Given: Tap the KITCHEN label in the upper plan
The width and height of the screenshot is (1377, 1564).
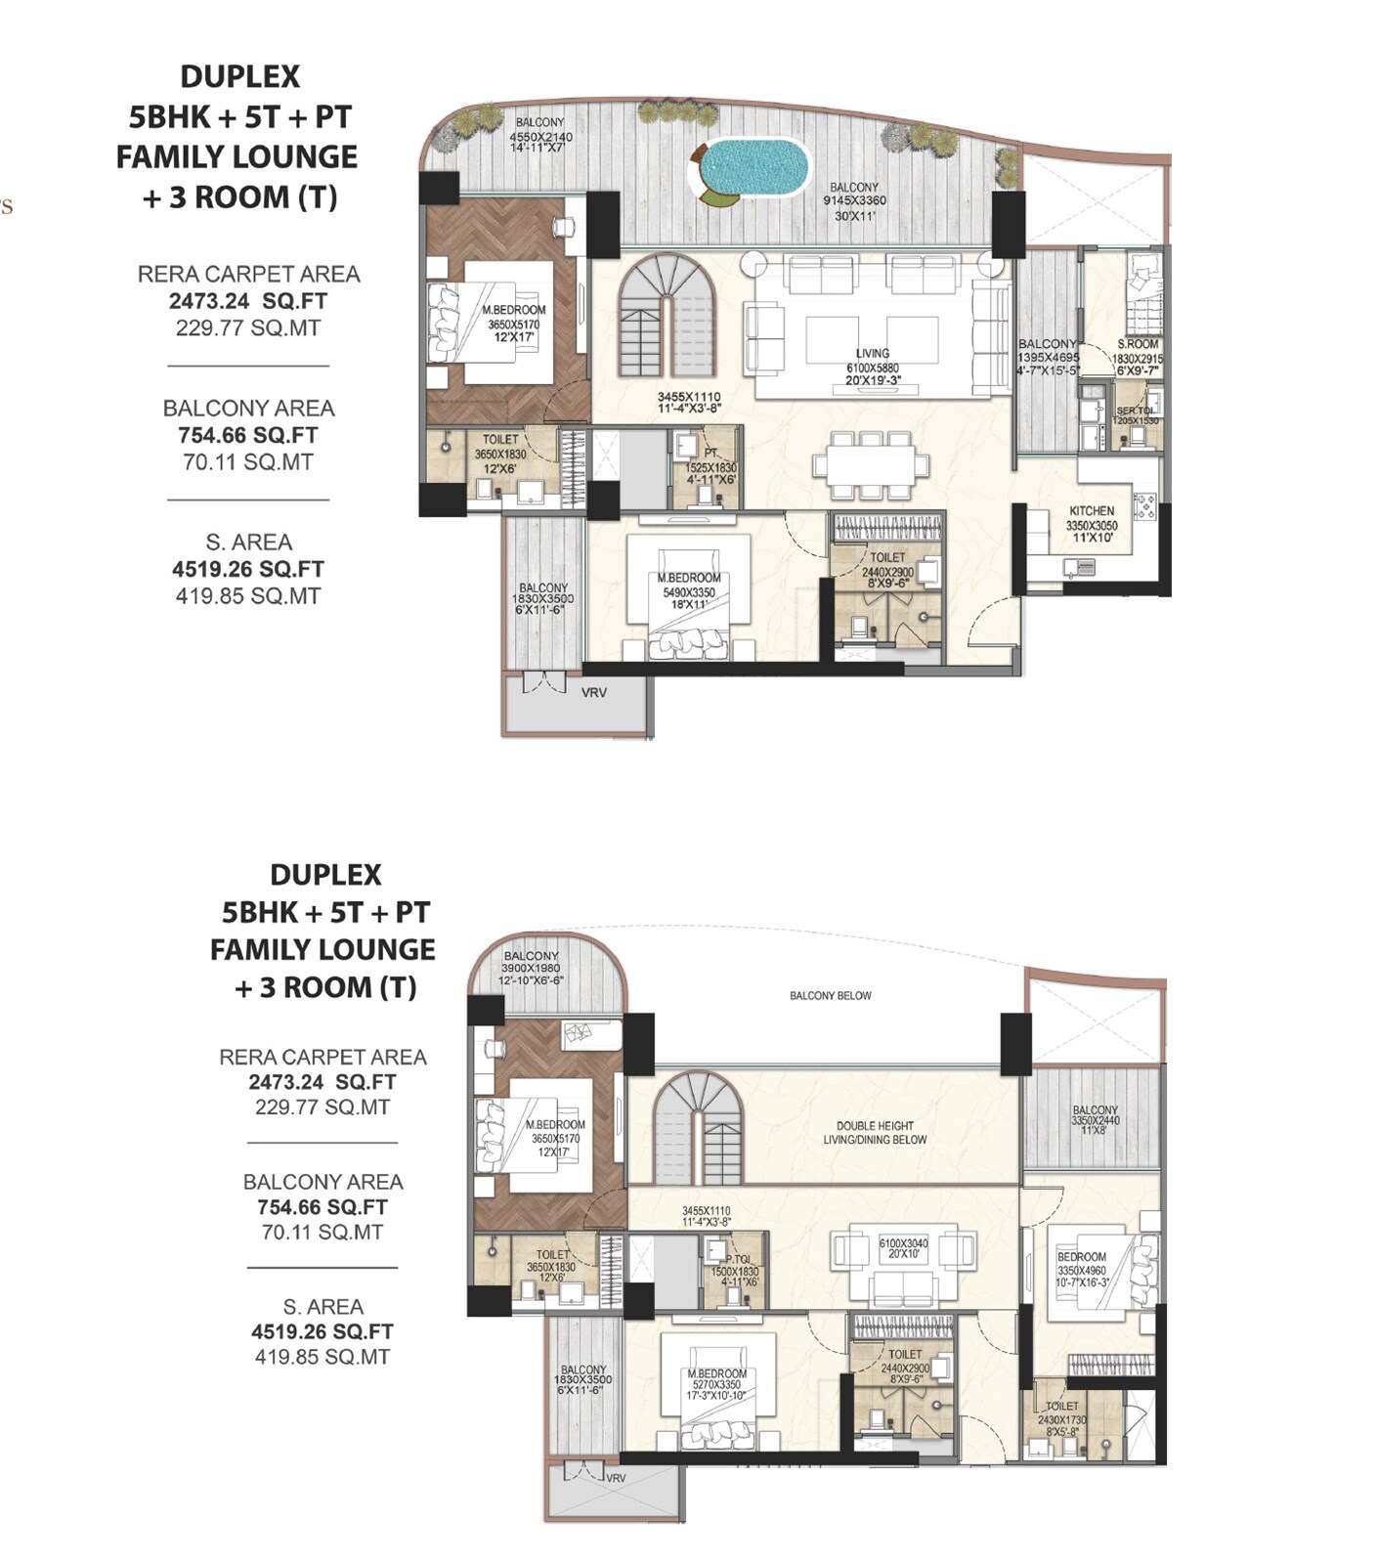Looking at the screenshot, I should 1092,510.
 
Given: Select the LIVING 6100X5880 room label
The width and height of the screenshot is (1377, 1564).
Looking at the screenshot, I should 873,354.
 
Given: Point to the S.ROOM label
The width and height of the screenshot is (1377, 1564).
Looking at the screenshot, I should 1138,345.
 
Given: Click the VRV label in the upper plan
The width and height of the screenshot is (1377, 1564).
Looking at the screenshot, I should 594,693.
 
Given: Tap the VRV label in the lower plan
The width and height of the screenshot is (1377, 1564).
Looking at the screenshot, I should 616,1478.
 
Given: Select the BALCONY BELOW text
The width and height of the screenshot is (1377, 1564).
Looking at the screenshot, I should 830,996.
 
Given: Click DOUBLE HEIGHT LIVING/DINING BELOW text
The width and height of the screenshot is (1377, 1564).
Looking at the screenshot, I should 875,1133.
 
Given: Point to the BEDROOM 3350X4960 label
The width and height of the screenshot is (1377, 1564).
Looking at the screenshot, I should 1081,1257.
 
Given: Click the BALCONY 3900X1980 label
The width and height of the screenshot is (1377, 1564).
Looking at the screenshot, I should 531,956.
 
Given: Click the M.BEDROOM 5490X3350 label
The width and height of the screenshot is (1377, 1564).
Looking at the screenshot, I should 689,579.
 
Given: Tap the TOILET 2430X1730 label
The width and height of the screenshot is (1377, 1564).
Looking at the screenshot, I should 1062,1407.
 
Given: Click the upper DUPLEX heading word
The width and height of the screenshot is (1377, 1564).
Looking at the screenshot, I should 239,76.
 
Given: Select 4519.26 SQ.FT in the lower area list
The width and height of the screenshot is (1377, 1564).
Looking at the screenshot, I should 323,1331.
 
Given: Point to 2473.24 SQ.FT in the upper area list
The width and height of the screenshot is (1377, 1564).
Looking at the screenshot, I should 248,301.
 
